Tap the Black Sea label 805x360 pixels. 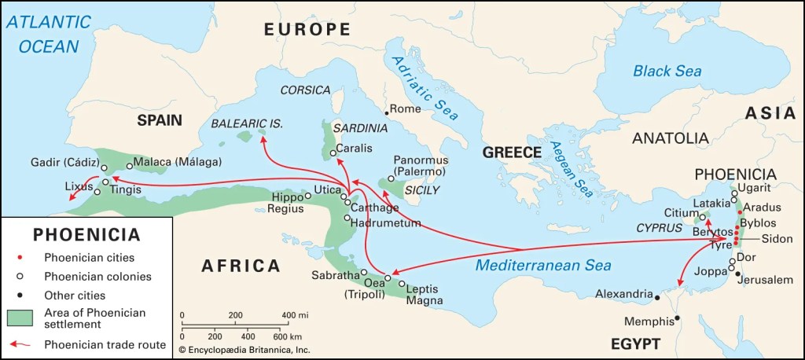[x=667, y=71]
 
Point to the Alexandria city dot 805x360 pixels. [x=657, y=296]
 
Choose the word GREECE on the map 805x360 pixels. [x=512, y=152]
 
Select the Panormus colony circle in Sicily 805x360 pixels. [x=391, y=178]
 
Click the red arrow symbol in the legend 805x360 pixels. [x=20, y=343]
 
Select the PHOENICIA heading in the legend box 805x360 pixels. [x=86, y=234]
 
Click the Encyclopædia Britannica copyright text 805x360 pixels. [x=244, y=349]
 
